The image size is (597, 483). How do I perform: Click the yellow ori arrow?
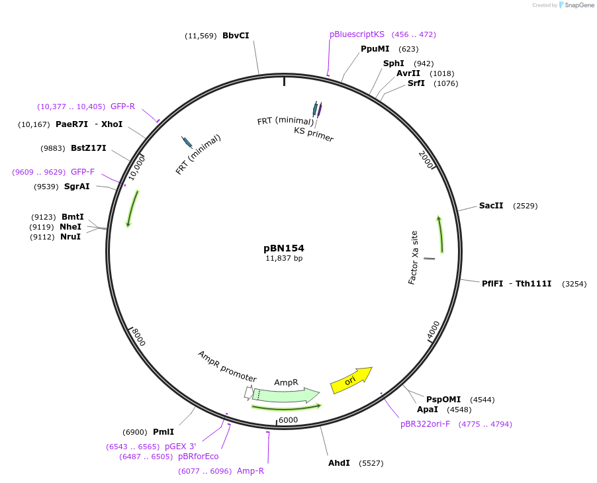(351, 380)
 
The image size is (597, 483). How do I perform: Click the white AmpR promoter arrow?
(248, 392)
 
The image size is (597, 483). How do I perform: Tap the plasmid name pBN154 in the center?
(284, 248)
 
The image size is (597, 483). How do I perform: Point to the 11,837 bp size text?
(284, 259)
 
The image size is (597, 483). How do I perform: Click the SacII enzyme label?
(491, 206)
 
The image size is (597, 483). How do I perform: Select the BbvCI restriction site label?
(236, 36)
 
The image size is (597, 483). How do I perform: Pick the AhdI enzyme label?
(339, 463)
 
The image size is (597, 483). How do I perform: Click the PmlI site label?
(163, 432)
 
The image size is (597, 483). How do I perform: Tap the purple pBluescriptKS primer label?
(357, 34)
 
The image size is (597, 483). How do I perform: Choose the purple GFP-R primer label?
(122, 106)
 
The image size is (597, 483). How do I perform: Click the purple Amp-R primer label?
(250, 471)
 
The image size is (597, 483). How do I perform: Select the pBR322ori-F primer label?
(425, 424)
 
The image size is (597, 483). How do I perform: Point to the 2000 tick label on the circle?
(427, 159)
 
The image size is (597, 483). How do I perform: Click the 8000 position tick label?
(138, 337)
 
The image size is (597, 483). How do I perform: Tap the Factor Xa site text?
(413, 257)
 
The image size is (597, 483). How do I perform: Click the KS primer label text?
(314, 134)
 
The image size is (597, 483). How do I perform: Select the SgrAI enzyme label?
(77, 187)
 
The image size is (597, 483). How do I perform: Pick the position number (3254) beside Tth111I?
(574, 284)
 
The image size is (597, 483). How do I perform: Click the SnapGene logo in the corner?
(575, 5)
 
